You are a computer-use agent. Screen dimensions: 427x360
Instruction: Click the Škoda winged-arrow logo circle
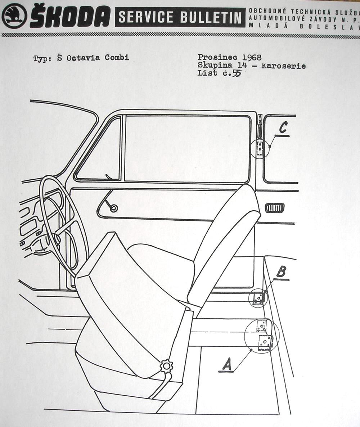click(14, 16)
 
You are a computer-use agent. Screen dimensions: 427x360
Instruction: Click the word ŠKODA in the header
click(71, 17)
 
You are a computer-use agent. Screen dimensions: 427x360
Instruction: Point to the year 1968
click(252, 57)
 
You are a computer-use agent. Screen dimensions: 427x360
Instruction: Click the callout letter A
click(227, 365)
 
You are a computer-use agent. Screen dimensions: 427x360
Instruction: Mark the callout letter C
click(283, 128)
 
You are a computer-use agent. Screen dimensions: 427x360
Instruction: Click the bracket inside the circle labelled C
click(260, 147)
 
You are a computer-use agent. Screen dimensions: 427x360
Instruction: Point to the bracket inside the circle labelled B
click(259, 298)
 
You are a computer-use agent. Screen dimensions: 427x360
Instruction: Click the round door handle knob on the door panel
click(113, 208)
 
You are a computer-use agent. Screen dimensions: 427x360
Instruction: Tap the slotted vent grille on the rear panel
click(275, 208)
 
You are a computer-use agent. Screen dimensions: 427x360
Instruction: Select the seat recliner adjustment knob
click(166, 366)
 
